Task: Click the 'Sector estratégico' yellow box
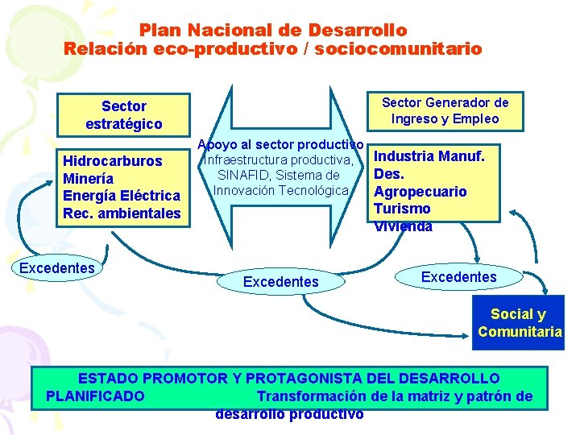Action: pyautogui.click(x=123, y=115)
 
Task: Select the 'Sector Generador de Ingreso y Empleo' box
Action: pyautogui.click(x=445, y=110)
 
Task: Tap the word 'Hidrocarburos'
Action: pyautogui.click(x=112, y=161)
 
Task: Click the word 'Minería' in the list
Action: pyautogui.click(x=88, y=178)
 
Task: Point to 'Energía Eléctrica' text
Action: pyautogui.click(x=121, y=196)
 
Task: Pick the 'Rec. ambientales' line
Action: pyautogui.click(x=121, y=213)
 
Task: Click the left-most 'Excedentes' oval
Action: pyautogui.click(x=57, y=268)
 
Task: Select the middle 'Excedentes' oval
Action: pyautogui.click(x=281, y=282)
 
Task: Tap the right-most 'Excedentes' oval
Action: pyautogui.click(x=459, y=277)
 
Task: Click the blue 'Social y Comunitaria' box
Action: pyautogui.click(x=520, y=322)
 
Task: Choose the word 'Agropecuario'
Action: pyautogui.click(x=420, y=192)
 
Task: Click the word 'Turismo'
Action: pyautogui.click(x=402, y=209)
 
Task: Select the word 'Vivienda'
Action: pyautogui.click(x=403, y=226)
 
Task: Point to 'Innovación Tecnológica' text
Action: pyautogui.click(x=280, y=190)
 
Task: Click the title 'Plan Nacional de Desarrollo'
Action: pyautogui.click(x=273, y=30)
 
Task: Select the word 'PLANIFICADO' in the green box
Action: pyautogui.click(x=96, y=396)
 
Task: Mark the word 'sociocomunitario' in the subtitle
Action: pyautogui.click(x=399, y=48)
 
